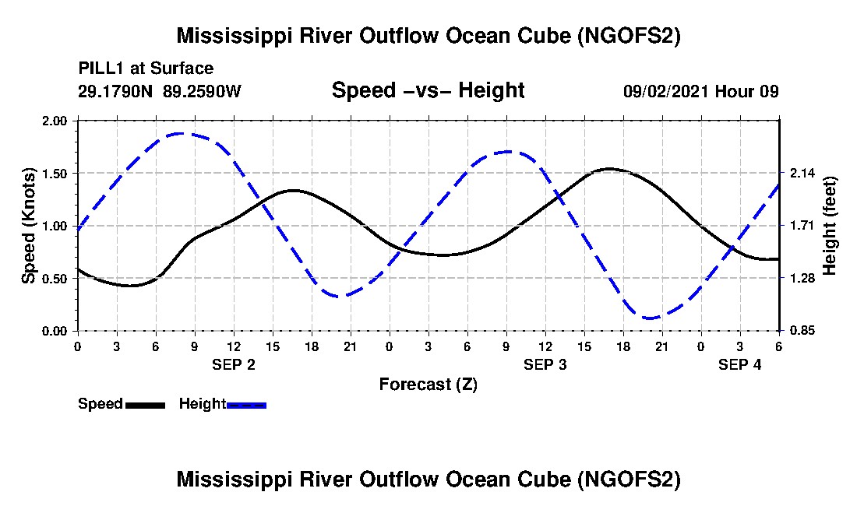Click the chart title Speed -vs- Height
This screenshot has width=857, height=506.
click(428, 91)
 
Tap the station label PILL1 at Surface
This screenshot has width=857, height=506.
click(146, 69)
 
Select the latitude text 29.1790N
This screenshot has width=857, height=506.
click(116, 91)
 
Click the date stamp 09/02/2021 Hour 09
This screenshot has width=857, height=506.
click(700, 91)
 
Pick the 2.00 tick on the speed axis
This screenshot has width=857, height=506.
click(56, 121)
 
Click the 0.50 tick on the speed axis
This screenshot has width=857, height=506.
click(56, 279)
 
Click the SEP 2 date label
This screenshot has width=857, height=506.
click(234, 364)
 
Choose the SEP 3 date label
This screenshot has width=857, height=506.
click(545, 364)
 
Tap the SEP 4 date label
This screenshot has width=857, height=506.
click(740, 364)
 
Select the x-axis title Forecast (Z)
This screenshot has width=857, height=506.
click(428, 385)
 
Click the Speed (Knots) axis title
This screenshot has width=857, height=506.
click(29, 226)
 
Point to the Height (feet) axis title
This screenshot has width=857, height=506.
click(830, 226)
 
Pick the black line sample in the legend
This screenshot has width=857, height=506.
click(145, 405)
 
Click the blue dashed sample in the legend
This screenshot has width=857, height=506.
click(246, 405)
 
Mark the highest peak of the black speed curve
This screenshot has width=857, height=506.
click(609, 168)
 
